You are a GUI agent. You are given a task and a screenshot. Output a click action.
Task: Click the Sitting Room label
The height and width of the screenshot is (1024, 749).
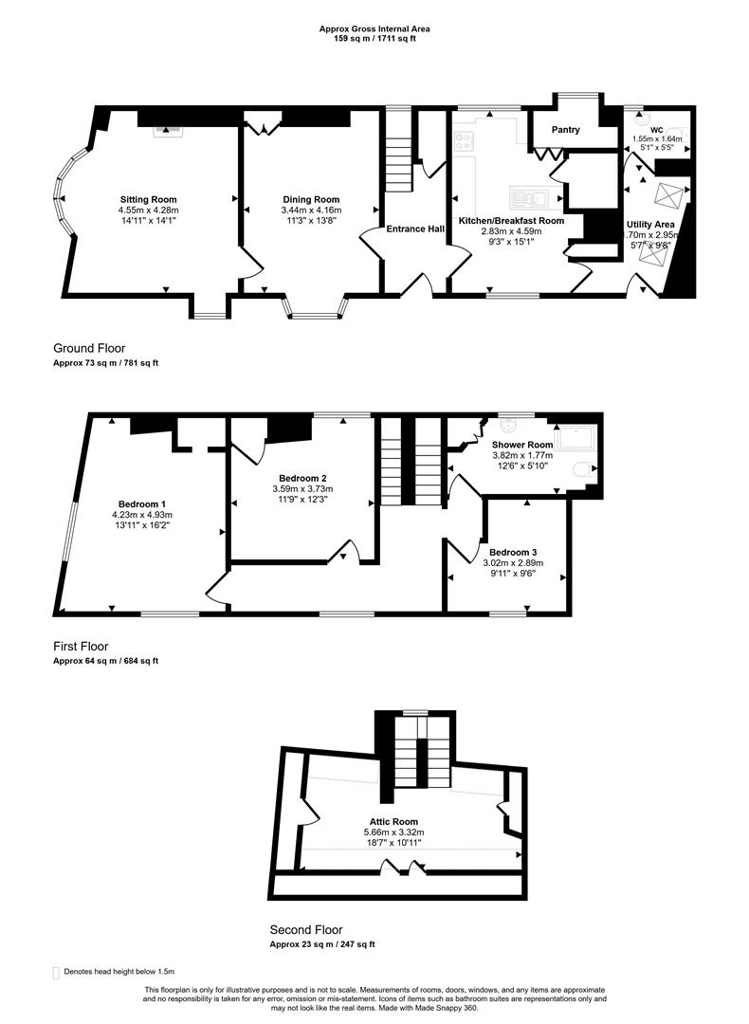[148, 200]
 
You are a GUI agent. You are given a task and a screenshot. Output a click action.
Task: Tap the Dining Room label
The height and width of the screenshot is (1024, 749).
[311, 200]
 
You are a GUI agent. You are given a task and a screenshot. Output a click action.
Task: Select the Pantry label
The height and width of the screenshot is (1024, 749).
[565, 130]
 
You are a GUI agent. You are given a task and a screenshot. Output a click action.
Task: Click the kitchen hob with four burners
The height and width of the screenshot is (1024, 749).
[465, 141]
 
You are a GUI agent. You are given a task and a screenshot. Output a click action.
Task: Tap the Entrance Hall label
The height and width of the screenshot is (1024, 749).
[415, 229]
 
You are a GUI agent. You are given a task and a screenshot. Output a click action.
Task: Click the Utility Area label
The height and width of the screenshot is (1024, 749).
[650, 225]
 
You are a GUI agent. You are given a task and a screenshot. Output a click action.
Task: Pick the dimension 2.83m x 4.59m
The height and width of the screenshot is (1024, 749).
[511, 231]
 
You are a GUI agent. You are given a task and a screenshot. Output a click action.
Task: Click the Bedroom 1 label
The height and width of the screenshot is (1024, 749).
[142, 504]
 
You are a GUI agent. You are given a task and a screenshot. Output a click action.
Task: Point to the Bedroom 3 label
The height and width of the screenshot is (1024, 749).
[513, 553]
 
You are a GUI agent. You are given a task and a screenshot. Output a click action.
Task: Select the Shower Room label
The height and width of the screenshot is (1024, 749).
[522, 445]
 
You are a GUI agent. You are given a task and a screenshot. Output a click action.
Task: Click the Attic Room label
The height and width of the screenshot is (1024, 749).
[393, 821]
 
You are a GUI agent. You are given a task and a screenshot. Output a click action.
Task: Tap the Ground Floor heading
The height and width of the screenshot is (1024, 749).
[89, 349]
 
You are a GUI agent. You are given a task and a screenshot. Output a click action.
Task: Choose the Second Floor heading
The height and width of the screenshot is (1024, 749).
[306, 930]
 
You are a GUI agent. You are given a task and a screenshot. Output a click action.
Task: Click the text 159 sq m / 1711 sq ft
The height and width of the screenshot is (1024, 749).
[374, 39]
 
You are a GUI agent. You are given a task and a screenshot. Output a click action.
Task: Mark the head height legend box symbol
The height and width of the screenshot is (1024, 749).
[56, 973]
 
